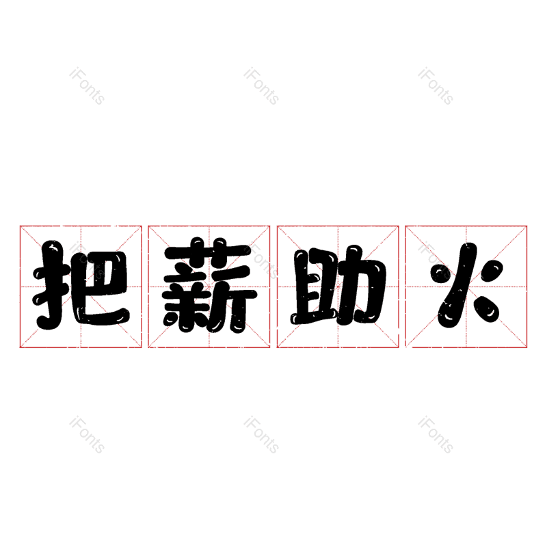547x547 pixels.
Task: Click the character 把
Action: coord(81,286)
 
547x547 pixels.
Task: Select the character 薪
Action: coord(209,286)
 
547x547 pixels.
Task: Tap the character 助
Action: coord(338,287)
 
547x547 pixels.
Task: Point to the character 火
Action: coord(466,286)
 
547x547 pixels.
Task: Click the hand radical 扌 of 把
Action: coord(52,286)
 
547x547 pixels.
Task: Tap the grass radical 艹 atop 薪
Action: coord(209,250)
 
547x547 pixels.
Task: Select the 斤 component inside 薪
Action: coord(236,301)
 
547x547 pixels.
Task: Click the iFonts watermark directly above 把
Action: coord(87,86)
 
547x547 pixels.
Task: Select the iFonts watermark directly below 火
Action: coord(436,435)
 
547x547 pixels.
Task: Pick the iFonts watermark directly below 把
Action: coord(87,435)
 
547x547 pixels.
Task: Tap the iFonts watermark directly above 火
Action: coord(436,86)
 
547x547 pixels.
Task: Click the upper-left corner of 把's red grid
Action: coord(20,226)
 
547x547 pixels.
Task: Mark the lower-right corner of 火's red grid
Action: coord(527,347)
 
